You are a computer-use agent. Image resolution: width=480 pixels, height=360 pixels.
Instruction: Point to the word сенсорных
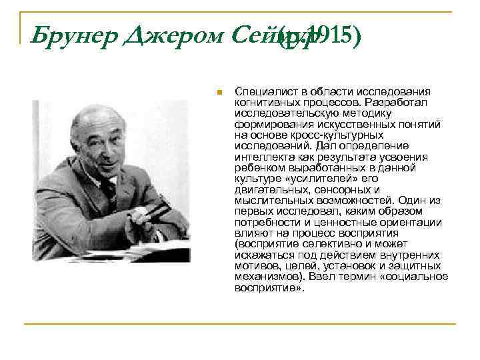pos(329,189)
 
